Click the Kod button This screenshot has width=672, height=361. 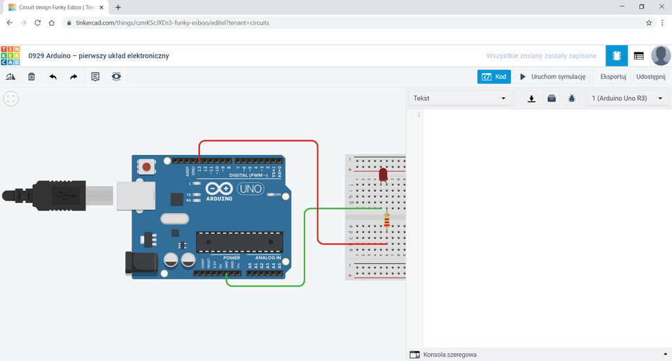point(494,76)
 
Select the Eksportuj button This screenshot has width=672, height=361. point(612,76)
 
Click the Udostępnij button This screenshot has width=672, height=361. point(650,76)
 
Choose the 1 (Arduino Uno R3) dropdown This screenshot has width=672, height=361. point(626,99)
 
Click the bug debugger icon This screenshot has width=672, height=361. point(572,99)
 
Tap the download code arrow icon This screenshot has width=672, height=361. point(531,99)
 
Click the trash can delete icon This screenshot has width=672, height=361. point(31,76)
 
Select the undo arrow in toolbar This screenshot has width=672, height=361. point(53,76)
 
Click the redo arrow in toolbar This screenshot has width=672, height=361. point(73,76)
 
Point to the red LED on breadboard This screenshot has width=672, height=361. point(383,175)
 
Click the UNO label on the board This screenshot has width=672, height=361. point(250,189)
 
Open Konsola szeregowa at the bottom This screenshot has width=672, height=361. point(449,355)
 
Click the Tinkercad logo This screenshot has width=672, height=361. point(10,55)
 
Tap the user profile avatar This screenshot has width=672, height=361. point(660,55)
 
